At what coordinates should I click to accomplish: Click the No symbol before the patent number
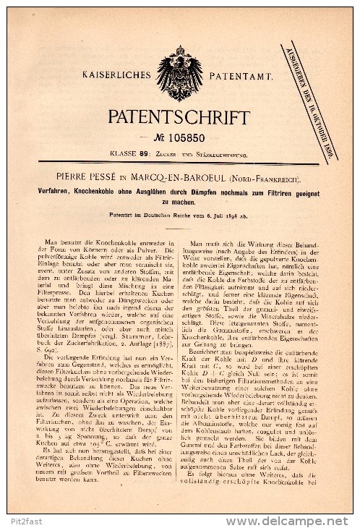163,137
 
